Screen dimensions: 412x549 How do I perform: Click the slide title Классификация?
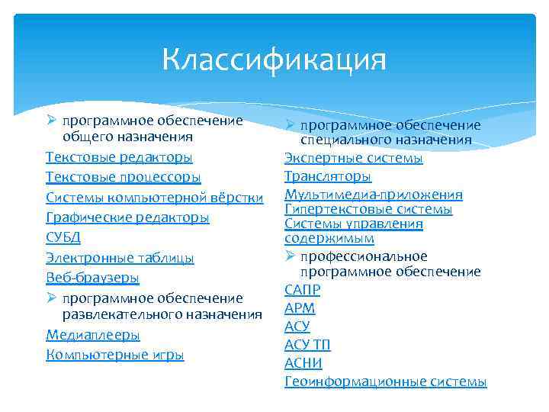coord(274,60)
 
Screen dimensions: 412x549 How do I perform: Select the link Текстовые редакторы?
coord(119,157)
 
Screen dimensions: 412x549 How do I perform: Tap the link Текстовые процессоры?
coord(124,177)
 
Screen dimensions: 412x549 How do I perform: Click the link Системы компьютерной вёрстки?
coord(155,198)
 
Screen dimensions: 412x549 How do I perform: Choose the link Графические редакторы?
coord(127,218)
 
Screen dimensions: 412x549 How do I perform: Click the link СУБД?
coord(63,238)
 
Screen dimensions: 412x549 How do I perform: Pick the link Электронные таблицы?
coord(120,258)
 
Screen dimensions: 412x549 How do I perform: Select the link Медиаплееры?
coord(93,335)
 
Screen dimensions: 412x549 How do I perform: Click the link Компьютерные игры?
coord(115,355)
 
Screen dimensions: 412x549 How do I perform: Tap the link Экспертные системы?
coord(353,158)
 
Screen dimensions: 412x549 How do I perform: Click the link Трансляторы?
coord(328,176)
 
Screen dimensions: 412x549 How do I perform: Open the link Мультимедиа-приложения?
coord(374,195)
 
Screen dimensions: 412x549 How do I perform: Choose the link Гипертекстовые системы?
coord(368,209)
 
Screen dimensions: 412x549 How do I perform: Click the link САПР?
coord(302,290)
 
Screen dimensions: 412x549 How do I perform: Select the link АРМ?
coord(300,308)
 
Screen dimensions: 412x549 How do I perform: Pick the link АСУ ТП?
coord(307,345)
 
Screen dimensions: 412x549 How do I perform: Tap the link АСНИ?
coord(303,363)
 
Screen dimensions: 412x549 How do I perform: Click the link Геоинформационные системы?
coord(385,381)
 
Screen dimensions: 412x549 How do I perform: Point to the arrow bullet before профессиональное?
coord(290,256)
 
